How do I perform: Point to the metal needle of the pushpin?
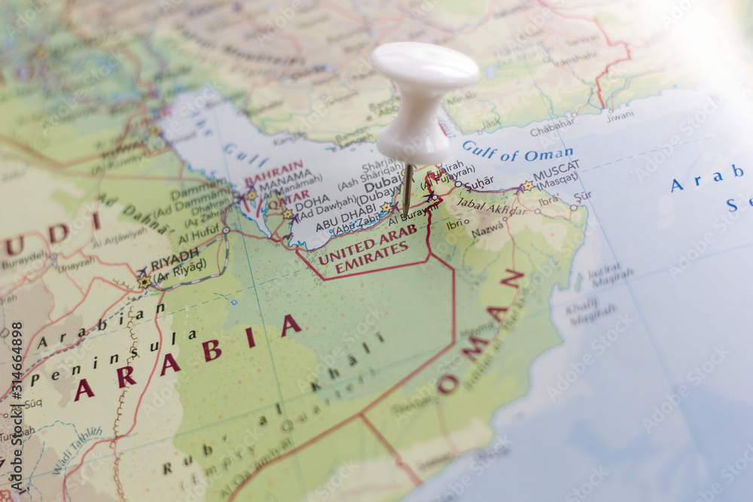(407, 188)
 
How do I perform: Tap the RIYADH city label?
(174, 263)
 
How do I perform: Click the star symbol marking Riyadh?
(144, 281)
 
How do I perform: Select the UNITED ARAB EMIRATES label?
(367, 249)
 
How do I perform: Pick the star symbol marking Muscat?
(528, 186)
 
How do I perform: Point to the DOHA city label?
(312, 203)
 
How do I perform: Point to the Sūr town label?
(582, 196)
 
